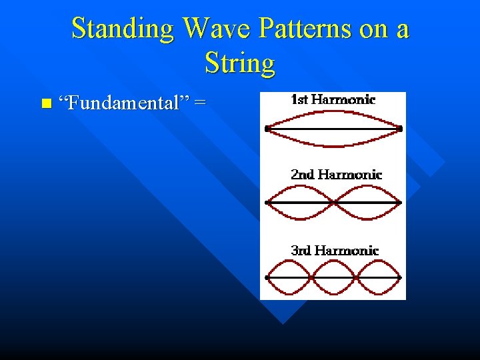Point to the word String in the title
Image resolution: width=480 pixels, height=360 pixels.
click(x=240, y=63)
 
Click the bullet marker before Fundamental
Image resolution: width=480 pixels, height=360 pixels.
click(x=45, y=103)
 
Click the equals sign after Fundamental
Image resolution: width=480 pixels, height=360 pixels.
click(x=200, y=103)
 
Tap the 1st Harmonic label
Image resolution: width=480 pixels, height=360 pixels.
click(x=333, y=100)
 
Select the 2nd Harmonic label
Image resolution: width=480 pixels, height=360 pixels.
click(x=336, y=175)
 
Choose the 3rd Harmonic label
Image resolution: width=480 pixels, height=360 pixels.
click(x=335, y=251)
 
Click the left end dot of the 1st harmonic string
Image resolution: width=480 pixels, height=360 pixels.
click(x=267, y=129)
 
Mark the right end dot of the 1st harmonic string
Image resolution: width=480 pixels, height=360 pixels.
click(x=401, y=128)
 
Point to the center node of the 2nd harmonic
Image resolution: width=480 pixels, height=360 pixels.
click(x=333, y=202)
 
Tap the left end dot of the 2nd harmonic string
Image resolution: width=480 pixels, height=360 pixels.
click(x=267, y=202)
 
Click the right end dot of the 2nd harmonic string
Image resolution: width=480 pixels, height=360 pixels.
click(x=401, y=202)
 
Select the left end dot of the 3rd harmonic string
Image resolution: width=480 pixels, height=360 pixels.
click(x=267, y=277)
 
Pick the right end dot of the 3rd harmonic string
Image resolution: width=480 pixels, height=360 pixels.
click(x=401, y=277)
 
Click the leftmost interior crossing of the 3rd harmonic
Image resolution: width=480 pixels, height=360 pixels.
click(x=311, y=277)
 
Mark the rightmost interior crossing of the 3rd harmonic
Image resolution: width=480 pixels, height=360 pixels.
click(x=356, y=277)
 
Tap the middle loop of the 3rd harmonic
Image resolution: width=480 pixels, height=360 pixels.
click(x=333, y=277)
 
